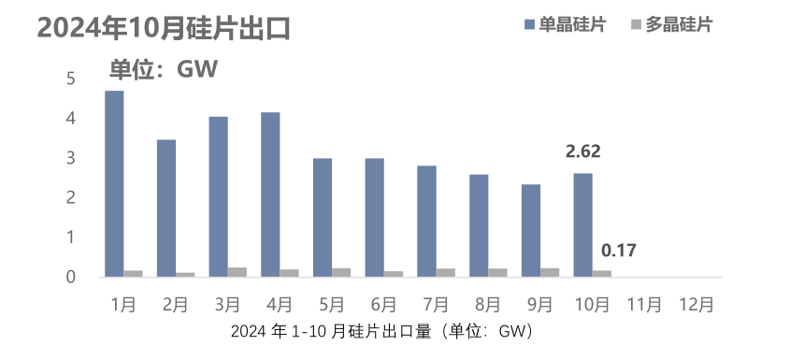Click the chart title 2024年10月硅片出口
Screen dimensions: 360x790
(164, 28)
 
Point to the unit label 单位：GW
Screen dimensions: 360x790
(164, 68)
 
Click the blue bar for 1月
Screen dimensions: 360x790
(114, 183)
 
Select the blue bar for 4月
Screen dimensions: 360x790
(270, 194)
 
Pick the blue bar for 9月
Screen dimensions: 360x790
(531, 230)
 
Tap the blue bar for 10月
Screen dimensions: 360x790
(582, 224)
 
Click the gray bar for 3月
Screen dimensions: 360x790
(237, 272)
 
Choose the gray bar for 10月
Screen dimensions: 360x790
(601, 273)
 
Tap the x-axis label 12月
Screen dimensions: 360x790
(697, 305)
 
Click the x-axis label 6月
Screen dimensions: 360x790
(383, 305)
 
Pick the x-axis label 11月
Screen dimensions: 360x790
(644, 305)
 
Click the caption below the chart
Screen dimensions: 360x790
(381, 332)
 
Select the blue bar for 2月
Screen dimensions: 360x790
(165, 208)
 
